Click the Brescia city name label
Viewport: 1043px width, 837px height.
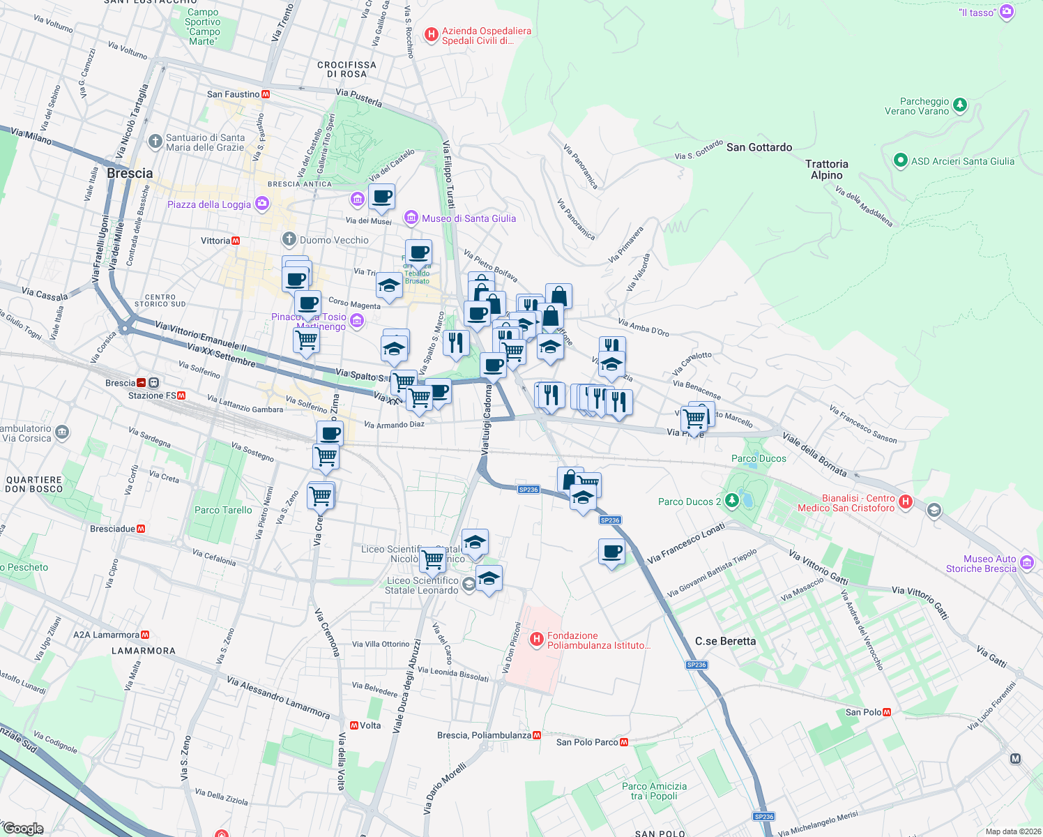point(130,173)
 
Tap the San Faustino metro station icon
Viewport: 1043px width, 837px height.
point(266,94)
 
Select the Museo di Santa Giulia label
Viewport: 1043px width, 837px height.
point(469,218)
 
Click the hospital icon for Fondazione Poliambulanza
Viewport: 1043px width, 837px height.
point(537,639)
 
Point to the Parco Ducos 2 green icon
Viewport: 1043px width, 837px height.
point(731,501)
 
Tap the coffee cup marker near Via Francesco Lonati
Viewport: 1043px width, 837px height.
point(611,552)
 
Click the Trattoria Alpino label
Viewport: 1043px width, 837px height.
point(827,169)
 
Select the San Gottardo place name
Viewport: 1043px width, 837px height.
point(759,147)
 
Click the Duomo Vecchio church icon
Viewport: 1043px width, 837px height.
point(289,240)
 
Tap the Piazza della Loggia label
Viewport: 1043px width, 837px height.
point(209,204)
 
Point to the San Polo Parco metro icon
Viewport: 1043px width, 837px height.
point(624,742)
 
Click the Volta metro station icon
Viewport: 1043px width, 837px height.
point(354,725)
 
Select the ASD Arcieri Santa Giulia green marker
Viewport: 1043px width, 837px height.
point(900,161)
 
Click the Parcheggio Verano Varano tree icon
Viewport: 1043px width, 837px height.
point(960,105)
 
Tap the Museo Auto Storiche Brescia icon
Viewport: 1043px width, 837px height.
point(1026,563)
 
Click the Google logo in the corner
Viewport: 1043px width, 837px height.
point(23,829)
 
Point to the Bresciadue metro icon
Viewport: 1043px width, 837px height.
point(141,529)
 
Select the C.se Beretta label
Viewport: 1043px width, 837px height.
point(725,641)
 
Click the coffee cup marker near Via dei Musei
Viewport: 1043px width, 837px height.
point(381,197)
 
